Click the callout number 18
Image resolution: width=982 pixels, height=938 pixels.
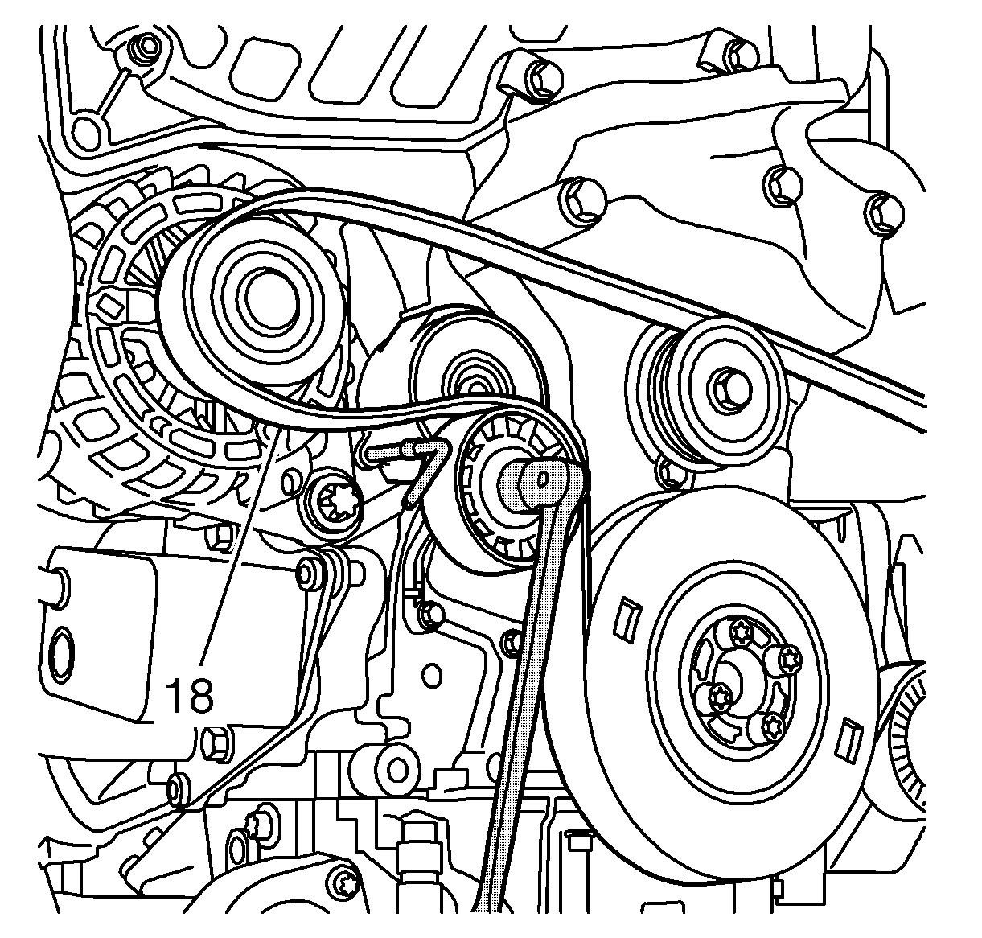pos(189,696)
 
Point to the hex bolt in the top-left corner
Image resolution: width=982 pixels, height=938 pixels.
pos(146,47)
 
